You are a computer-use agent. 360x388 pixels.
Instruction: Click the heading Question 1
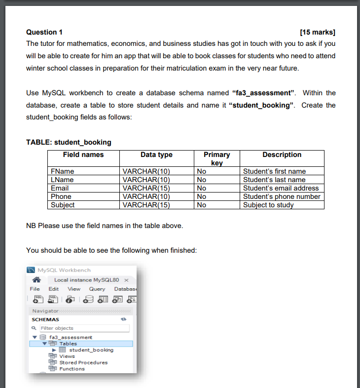(44, 32)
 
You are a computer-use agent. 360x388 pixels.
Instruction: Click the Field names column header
(83, 155)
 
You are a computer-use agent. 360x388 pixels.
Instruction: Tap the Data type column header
(156, 155)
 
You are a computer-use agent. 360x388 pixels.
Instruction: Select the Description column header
(282, 155)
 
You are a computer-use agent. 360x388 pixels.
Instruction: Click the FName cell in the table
(62, 171)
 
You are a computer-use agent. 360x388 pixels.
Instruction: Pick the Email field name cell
(60, 188)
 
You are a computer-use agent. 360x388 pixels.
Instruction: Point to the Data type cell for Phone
(146, 196)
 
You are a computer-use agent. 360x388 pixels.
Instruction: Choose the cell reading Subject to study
(268, 205)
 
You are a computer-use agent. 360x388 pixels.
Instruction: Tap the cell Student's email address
(281, 188)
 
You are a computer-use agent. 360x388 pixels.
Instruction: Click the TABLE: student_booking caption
(69, 142)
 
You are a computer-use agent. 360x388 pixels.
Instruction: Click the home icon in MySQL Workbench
(36, 280)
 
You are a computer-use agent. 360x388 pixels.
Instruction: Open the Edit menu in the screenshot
(53, 289)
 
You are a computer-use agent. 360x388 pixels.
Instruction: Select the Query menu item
(97, 289)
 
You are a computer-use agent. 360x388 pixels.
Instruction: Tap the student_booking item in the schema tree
(91, 350)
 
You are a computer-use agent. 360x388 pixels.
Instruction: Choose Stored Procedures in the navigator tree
(83, 362)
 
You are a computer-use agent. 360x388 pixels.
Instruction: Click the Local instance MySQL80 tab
(86, 280)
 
